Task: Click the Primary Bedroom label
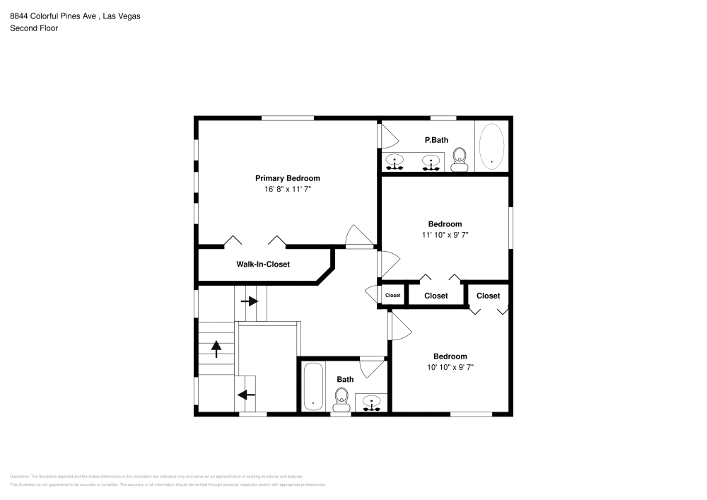point(287,178)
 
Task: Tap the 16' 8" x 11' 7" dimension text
point(287,190)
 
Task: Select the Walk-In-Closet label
point(262,264)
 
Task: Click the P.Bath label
point(436,140)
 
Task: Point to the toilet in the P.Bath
point(460,160)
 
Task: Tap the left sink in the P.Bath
point(395,163)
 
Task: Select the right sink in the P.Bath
point(429,163)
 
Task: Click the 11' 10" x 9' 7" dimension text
point(445,235)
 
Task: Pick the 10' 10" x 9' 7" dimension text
point(450,367)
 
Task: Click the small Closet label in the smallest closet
point(392,296)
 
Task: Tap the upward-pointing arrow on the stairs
point(216,349)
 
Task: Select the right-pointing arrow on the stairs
point(249,301)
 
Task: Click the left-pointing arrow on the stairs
point(246,395)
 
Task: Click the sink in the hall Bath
point(371,402)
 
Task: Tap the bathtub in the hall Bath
point(313,385)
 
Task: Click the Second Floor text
point(34,28)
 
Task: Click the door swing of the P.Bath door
point(390,136)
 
